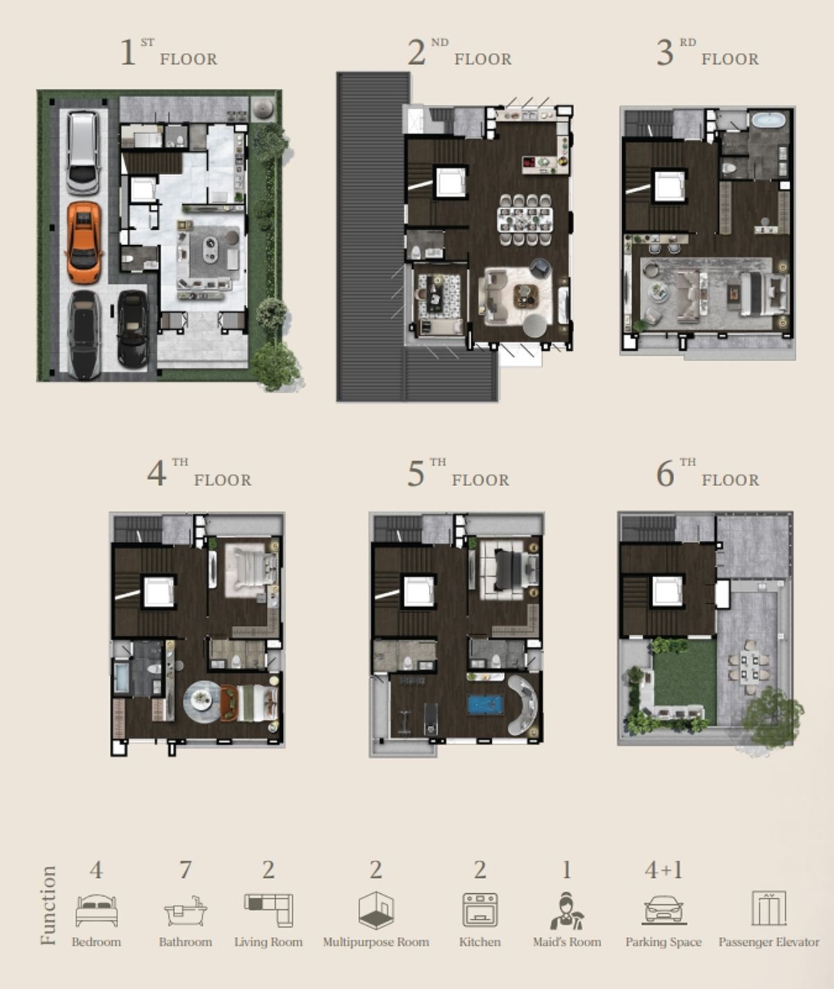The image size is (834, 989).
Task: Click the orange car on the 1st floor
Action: click(x=84, y=242)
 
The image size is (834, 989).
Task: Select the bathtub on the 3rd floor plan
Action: click(x=768, y=119)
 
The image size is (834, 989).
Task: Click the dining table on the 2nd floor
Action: click(x=525, y=219)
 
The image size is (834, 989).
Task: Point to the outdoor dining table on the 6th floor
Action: click(x=749, y=667)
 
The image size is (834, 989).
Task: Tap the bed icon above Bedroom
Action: click(x=97, y=910)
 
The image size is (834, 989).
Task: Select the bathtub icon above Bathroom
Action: click(x=186, y=911)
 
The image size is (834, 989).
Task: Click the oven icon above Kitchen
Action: click(x=480, y=910)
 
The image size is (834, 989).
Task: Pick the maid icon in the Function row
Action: click(x=567, y=911)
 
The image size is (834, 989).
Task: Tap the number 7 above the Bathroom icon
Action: click(x=186, y=870)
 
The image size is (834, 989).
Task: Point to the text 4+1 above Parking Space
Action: click(x=663, y=870)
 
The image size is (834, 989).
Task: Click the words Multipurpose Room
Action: click(x=376, y=942)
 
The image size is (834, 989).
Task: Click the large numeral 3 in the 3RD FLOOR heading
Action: click(x=664, y=53)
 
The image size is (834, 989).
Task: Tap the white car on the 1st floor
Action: click(x=83, y=153)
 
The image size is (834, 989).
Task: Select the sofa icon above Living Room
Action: click(x=268, y=910)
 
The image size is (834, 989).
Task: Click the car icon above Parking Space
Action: click(x=663, y=910)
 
